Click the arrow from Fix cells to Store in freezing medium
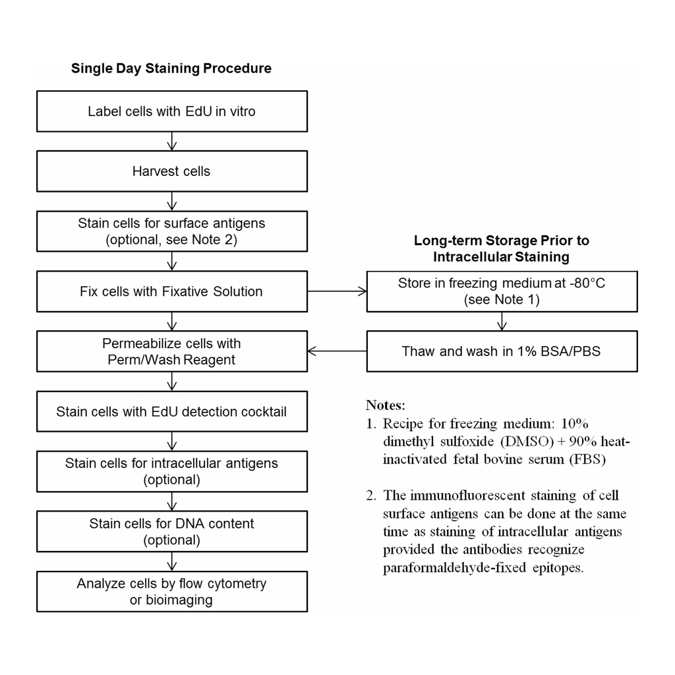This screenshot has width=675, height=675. coord(337,291)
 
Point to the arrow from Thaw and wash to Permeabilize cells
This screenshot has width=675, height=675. coord(337,351)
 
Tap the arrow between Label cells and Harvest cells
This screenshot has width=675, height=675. coord(172,141)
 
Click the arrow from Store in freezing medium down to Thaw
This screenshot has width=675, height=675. coord(502,321)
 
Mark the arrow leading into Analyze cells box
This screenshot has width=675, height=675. coord(172,562)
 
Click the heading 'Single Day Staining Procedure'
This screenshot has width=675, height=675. coord(171,69)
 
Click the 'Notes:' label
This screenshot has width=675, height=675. coord(386,405)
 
